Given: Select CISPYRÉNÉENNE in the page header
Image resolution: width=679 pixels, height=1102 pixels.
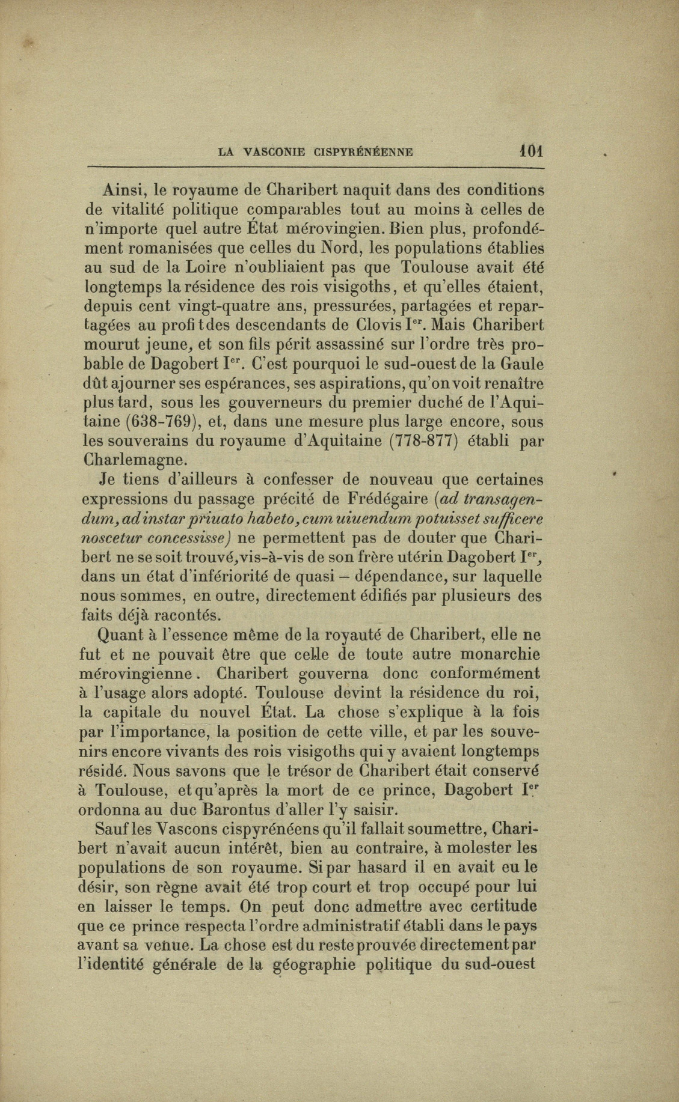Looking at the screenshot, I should (x=363, y=152).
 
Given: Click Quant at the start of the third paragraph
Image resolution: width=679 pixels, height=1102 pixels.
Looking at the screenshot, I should (x=120, y=635).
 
